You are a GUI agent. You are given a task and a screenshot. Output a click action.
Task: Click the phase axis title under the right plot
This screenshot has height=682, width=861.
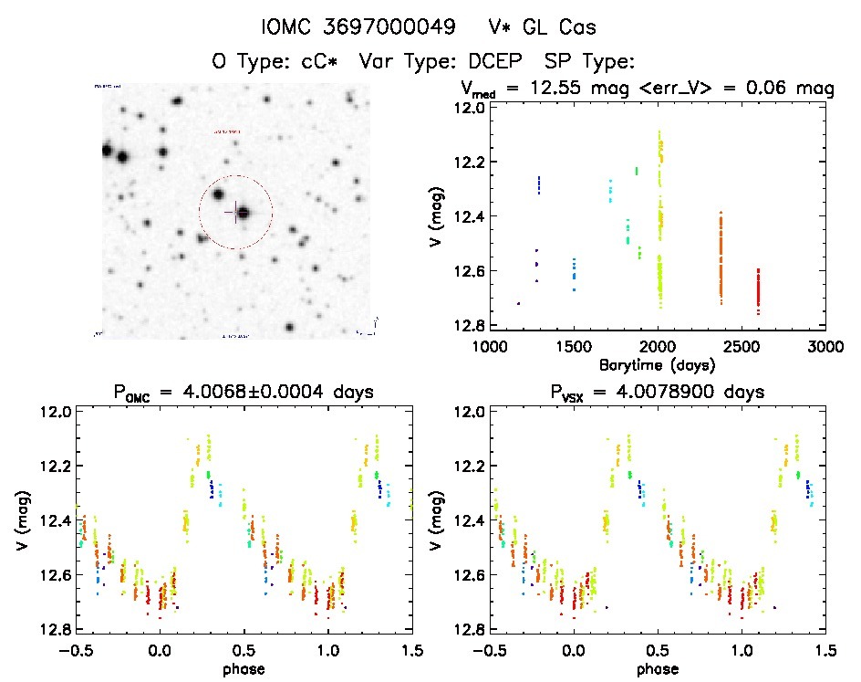coord(657,667)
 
